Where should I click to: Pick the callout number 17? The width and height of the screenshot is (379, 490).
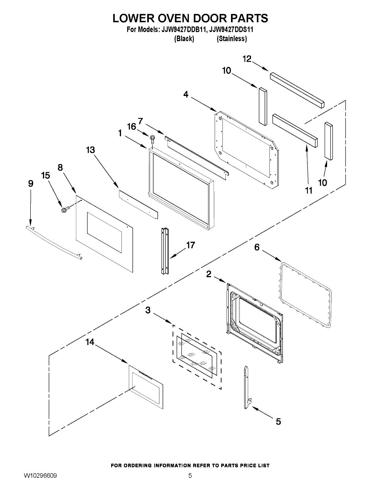pos(191,245)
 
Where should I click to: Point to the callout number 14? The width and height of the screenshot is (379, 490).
pos(90,342)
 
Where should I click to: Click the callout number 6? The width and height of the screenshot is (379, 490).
pos(257,247)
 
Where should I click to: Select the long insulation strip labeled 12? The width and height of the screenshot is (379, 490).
pos(297,89)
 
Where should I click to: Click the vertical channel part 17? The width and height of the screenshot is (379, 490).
pos(166,251)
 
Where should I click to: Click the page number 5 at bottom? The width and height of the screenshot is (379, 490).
pos(190,475)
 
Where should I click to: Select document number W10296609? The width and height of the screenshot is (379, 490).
pos(40,476)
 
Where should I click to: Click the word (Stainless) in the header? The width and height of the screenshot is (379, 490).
pos(232,39)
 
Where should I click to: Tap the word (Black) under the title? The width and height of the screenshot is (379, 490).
pos(184,39)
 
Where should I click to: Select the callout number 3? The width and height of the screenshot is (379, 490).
pos(148,311)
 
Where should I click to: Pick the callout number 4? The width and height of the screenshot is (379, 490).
pos(186,94)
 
